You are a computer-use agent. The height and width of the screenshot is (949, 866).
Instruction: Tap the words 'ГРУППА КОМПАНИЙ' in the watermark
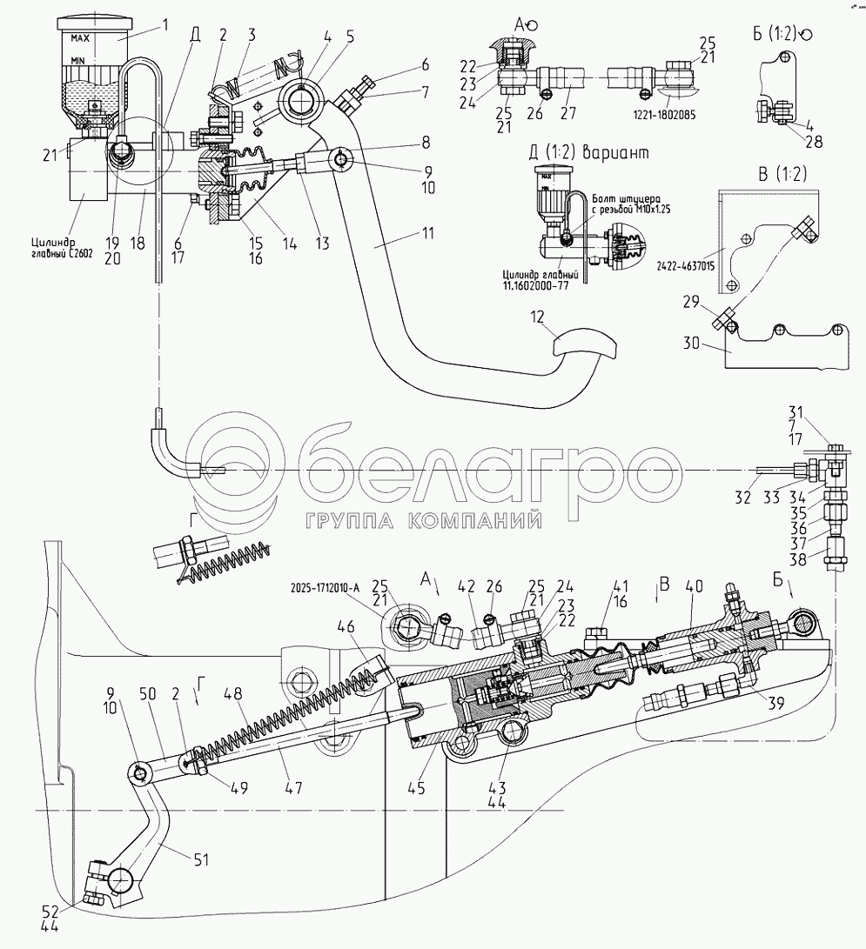[x=423, y=520]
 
